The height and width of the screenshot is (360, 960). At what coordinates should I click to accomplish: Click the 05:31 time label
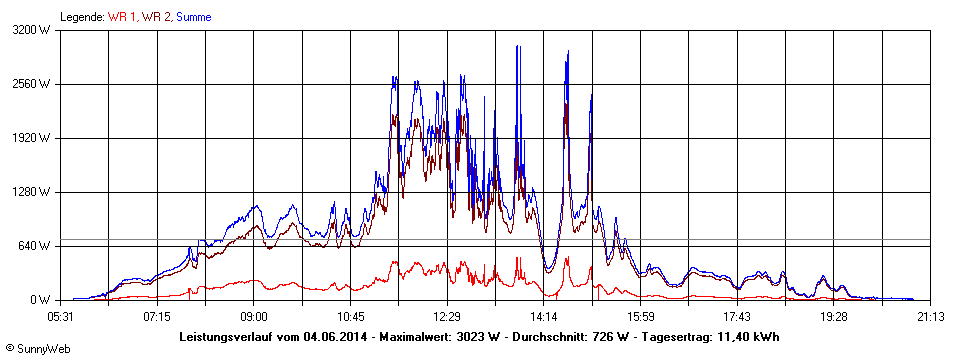point(61,316)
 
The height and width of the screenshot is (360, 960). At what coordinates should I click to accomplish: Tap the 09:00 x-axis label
point(254,316)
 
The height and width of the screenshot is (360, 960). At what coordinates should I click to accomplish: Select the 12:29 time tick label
point(447,316)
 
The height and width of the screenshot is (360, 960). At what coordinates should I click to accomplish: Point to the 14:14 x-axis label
point(544,316)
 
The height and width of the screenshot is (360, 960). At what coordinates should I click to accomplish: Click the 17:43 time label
point(737,316)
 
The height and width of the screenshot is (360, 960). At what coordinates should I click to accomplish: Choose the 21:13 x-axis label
point(930,316)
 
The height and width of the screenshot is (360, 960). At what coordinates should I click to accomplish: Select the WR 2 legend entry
point(156,17)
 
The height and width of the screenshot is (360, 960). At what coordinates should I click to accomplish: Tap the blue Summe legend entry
point(194,17)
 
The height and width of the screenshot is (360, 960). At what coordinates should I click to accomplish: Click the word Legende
point(82,17)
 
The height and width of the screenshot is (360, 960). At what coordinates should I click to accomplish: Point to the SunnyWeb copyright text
point(37,349)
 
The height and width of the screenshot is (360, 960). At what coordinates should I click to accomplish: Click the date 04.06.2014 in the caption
point(337,337)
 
